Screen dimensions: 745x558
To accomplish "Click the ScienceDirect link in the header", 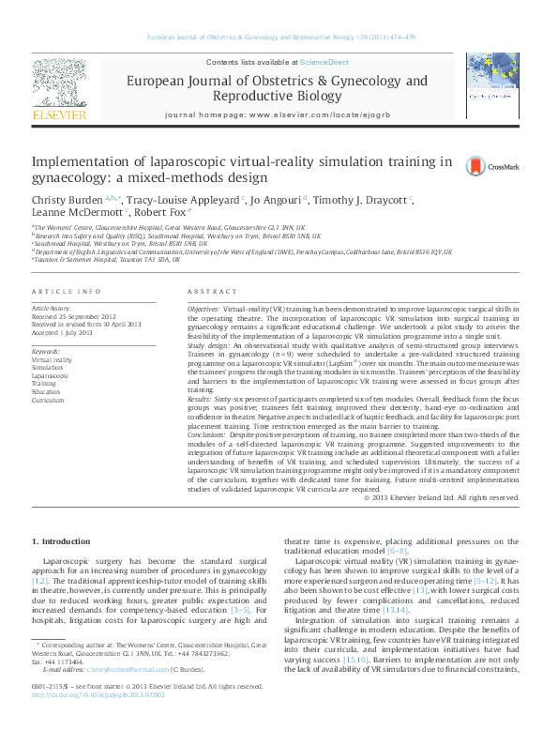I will click(324, 62).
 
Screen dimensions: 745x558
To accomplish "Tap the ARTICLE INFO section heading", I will click(67, 292).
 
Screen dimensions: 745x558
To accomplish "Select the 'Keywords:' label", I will click(47, 351).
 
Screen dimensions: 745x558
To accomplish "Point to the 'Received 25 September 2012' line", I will click(74, 316).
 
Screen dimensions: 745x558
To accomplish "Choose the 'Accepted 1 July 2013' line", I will click(63, 332).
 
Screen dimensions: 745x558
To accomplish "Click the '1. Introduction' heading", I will click(63, 541).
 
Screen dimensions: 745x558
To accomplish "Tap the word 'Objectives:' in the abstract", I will click(204, 309).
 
